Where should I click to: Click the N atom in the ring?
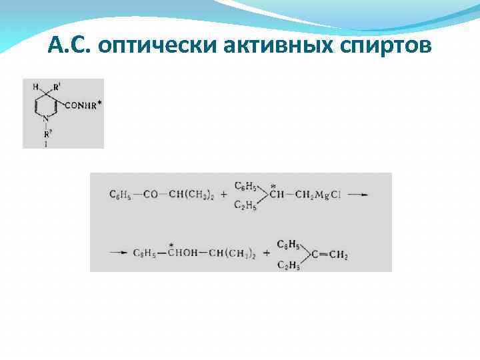coord(45,119)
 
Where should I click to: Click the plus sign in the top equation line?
coord(223,195)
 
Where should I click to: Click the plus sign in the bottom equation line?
coord(266,253)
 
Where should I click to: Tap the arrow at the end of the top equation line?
coord(358,195)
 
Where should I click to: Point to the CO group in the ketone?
coord(150,195)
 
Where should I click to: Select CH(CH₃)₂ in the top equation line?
coord(190,195)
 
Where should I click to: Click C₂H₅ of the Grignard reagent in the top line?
coord(246,207)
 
